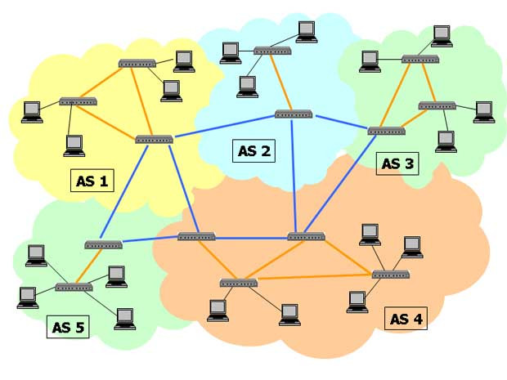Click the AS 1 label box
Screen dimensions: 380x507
(x=92, y=181)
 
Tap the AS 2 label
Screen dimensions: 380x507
(x=254, y=150)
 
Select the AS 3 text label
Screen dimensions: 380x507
(x=397, y=163)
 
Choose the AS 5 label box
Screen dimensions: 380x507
(x=68, y=328)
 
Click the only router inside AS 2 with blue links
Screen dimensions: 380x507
(x=294, y=114)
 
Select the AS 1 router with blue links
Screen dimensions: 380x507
(x=154, y=139)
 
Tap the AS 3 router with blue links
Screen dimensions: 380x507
(x=386, y=131)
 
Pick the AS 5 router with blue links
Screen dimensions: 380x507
(x=103, y=244)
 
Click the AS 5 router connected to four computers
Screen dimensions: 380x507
(x=74, y=288)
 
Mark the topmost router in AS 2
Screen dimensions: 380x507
(x=271, y=51)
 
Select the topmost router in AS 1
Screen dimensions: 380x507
(x=137, y=63)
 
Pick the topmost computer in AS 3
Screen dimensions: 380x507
(x=442, y=34)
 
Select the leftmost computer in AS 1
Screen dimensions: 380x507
(x=32, y=110)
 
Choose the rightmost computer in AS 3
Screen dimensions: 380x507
(x=484, y=110)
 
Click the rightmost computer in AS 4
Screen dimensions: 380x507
(x=411, y=245)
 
